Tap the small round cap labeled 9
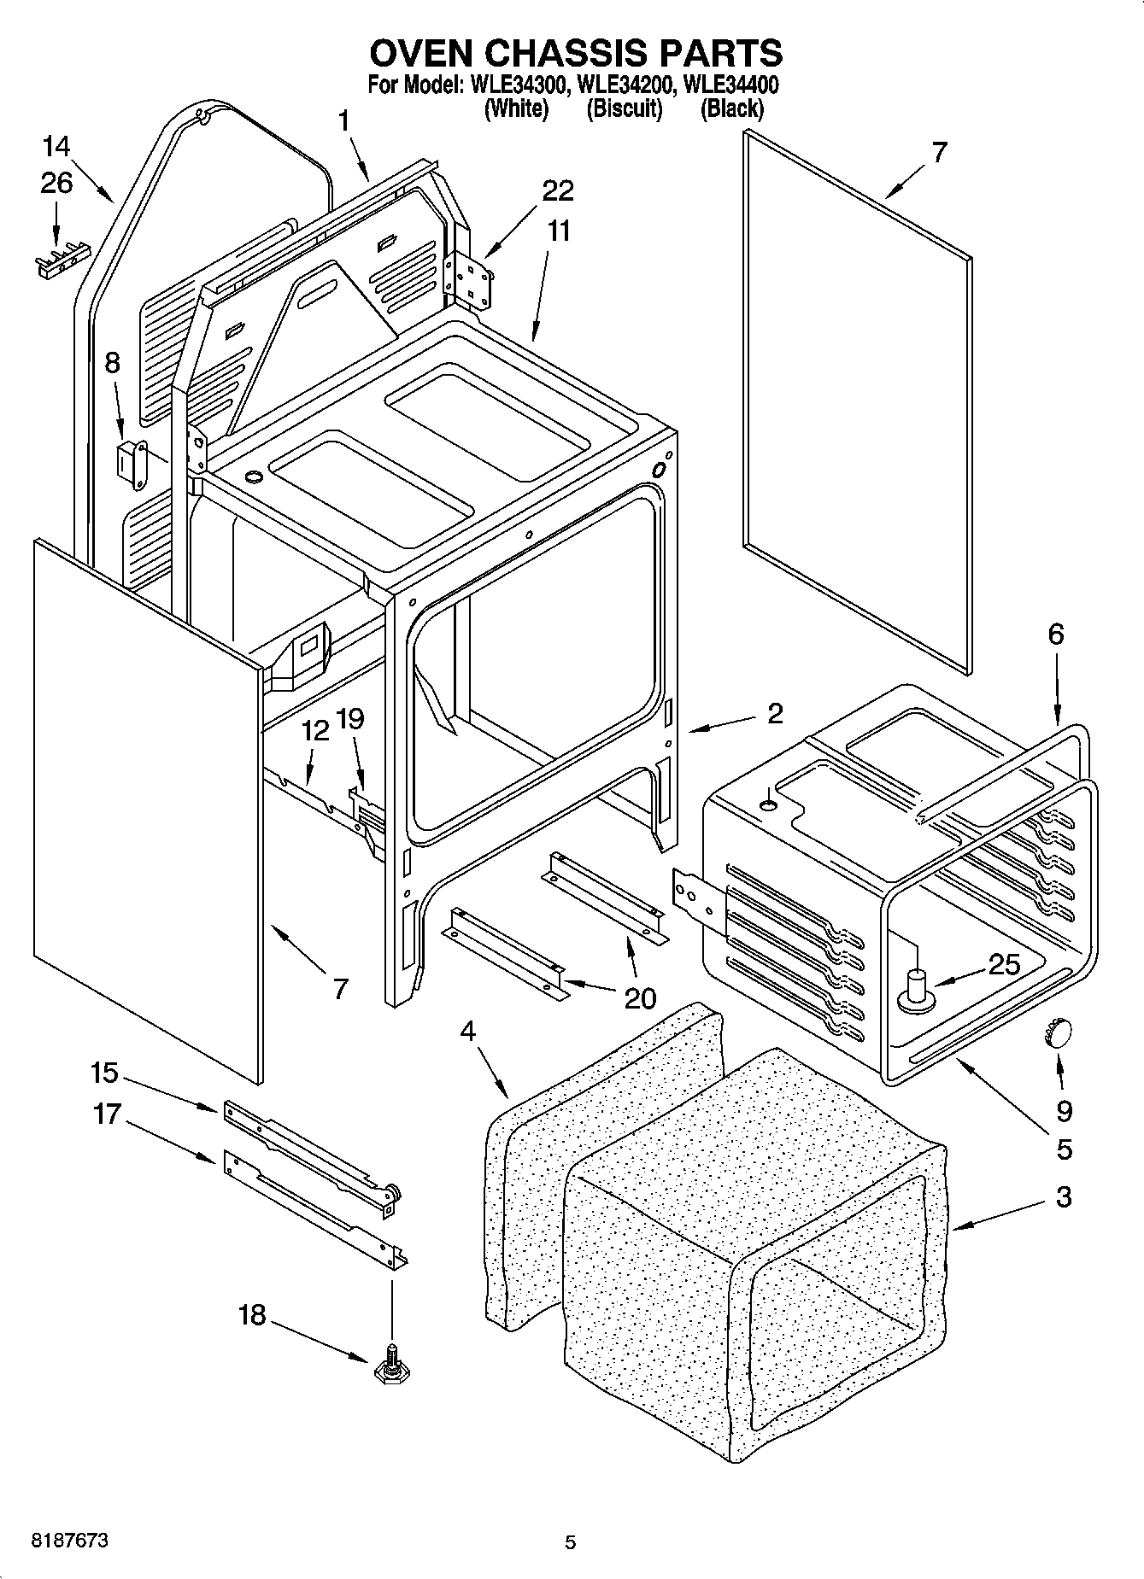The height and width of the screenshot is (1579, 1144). click(1057, 1033)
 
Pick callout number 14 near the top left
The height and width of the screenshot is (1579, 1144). click(56, 146)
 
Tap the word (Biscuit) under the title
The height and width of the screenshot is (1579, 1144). click(624, 109)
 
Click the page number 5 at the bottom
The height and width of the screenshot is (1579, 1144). click(571, 1543)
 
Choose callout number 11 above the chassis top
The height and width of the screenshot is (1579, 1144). click(559, 231)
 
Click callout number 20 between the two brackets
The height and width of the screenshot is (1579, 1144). click(640, 998)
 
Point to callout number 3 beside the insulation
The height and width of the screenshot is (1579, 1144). click(1063, 1196)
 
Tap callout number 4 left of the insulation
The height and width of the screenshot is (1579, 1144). click(467, 1032)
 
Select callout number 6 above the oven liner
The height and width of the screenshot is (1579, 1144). click(1056, 634)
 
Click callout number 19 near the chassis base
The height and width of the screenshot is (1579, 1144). click(350, 719)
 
